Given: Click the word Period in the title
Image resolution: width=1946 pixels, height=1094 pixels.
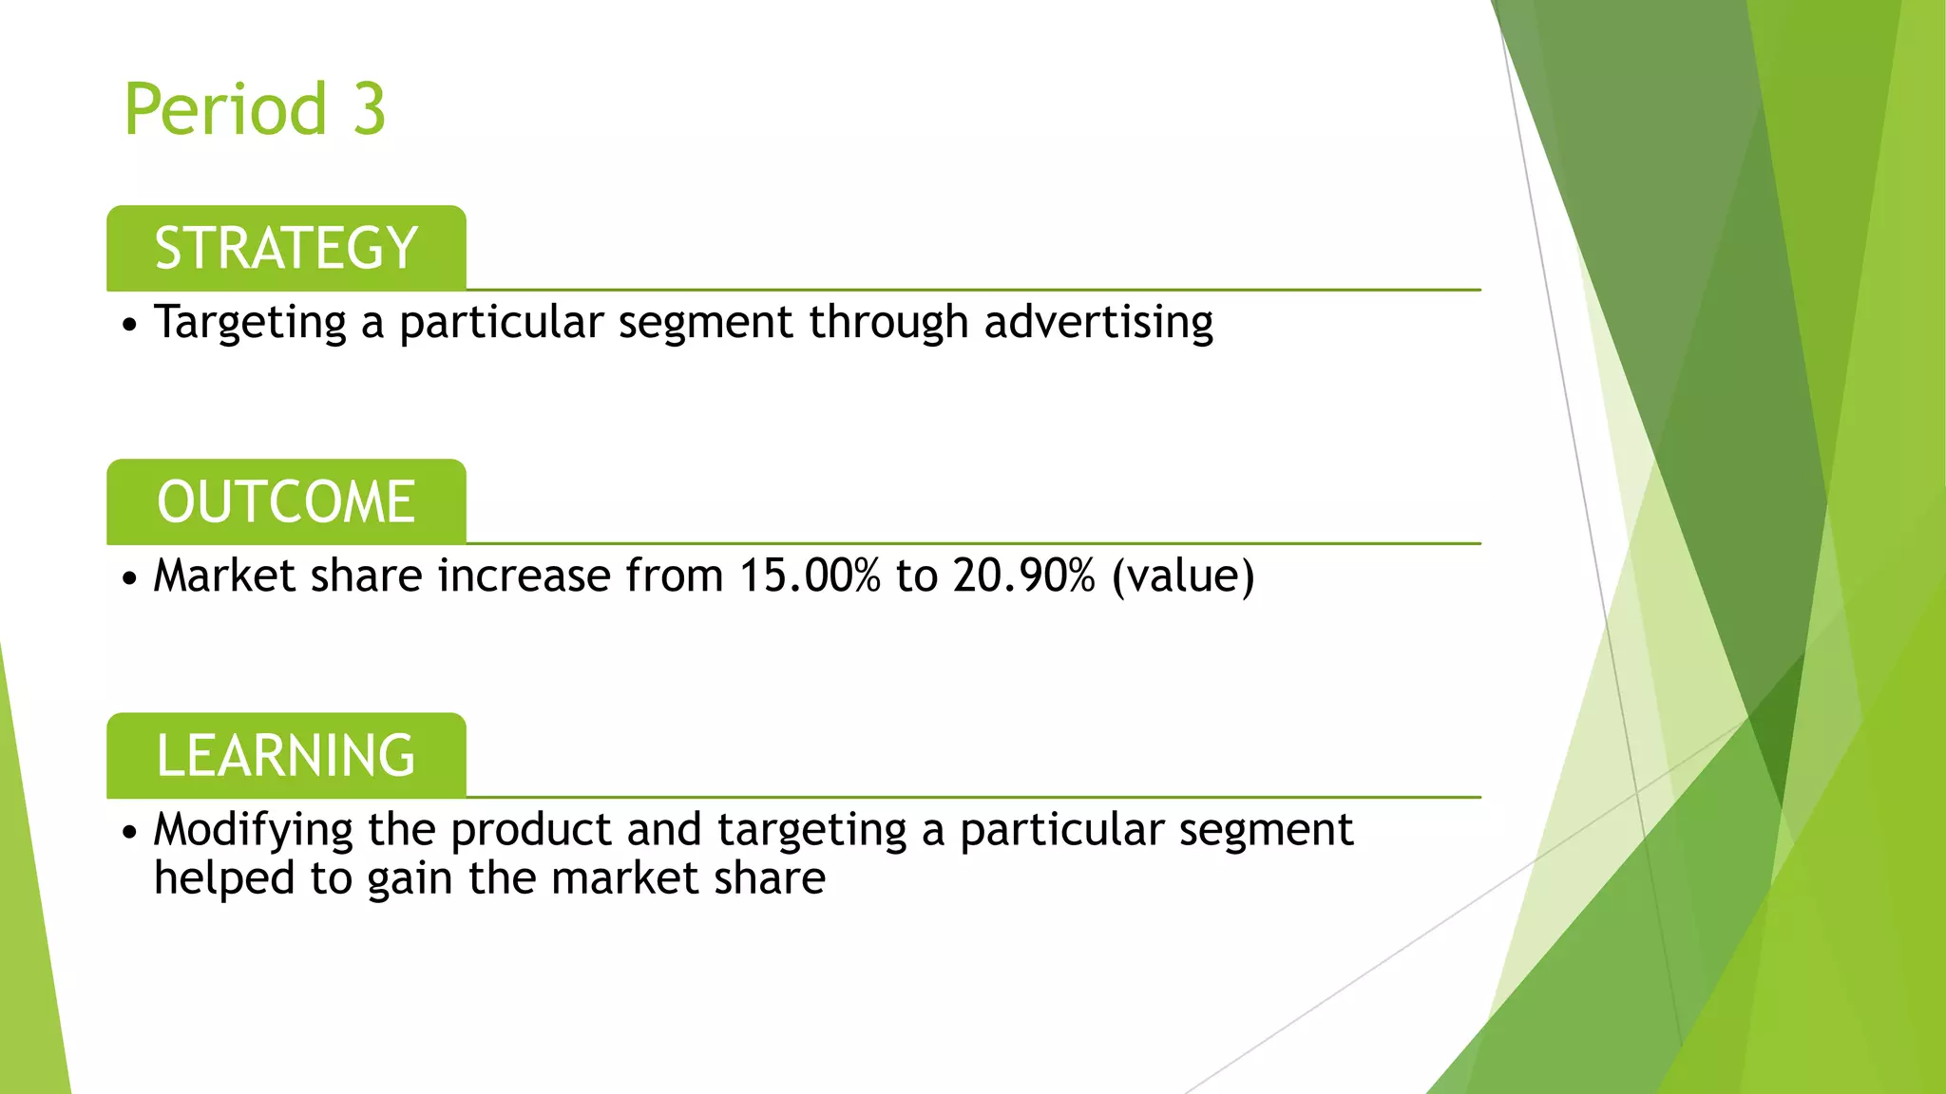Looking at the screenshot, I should tap(226, 109).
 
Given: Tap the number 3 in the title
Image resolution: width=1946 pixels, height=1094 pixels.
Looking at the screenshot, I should tap(369, 109).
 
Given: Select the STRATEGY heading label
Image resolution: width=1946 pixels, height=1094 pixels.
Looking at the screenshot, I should tap(286, 249).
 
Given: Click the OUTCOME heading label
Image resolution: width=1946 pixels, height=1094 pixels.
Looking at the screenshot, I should tap(286, 502).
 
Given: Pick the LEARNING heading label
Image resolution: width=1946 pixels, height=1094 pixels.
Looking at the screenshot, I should tap(286, 756).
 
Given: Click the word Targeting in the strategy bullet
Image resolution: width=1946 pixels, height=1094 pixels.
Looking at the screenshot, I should tap(250, 323).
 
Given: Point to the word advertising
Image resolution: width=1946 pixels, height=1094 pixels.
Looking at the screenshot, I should tap(1098, 323).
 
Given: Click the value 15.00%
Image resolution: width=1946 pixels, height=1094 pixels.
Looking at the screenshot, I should tap(810, 576).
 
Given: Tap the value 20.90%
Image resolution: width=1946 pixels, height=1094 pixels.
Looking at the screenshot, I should tap(1024, 576).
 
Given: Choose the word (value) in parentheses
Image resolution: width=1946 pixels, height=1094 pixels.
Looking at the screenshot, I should tap(1183, 576).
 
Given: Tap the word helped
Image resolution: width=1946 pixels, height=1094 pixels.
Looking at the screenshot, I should tap(224, 878).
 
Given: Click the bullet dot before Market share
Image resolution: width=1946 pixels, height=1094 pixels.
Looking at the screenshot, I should tap(130, 578).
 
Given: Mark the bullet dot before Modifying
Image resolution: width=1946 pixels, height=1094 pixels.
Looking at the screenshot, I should tap(130, 833).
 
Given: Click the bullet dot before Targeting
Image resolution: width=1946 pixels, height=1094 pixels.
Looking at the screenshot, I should tap(130, 325).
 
